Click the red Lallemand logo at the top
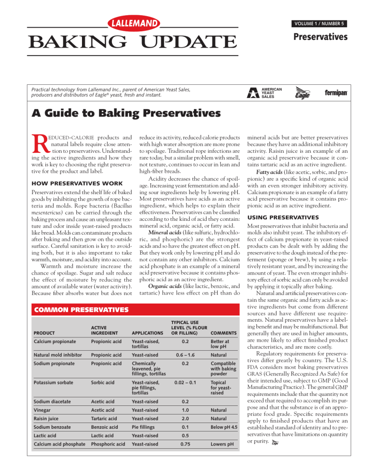(x=132, y=23)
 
